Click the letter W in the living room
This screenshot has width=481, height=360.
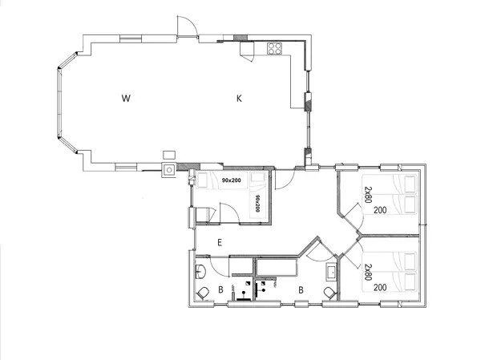click(126, 99)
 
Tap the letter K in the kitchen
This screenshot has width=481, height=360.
click(238, 99)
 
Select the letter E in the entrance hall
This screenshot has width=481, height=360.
click(218, 241)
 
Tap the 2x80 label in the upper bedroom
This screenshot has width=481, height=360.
click(368, 195)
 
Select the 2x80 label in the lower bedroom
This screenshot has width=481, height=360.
click(368, 272)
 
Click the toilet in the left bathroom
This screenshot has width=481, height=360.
click(203, 292)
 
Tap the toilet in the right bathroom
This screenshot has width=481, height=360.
click(329, 292)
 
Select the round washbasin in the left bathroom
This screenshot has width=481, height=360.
click(200, 270)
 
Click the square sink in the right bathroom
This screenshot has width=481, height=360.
click(329, 271)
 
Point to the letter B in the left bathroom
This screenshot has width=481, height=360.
click(220, 289)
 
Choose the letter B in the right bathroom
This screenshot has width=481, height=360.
click(300, 289)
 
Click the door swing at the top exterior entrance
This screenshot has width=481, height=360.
click(186, 27)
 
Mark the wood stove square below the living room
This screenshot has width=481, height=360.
click(170, 170)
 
